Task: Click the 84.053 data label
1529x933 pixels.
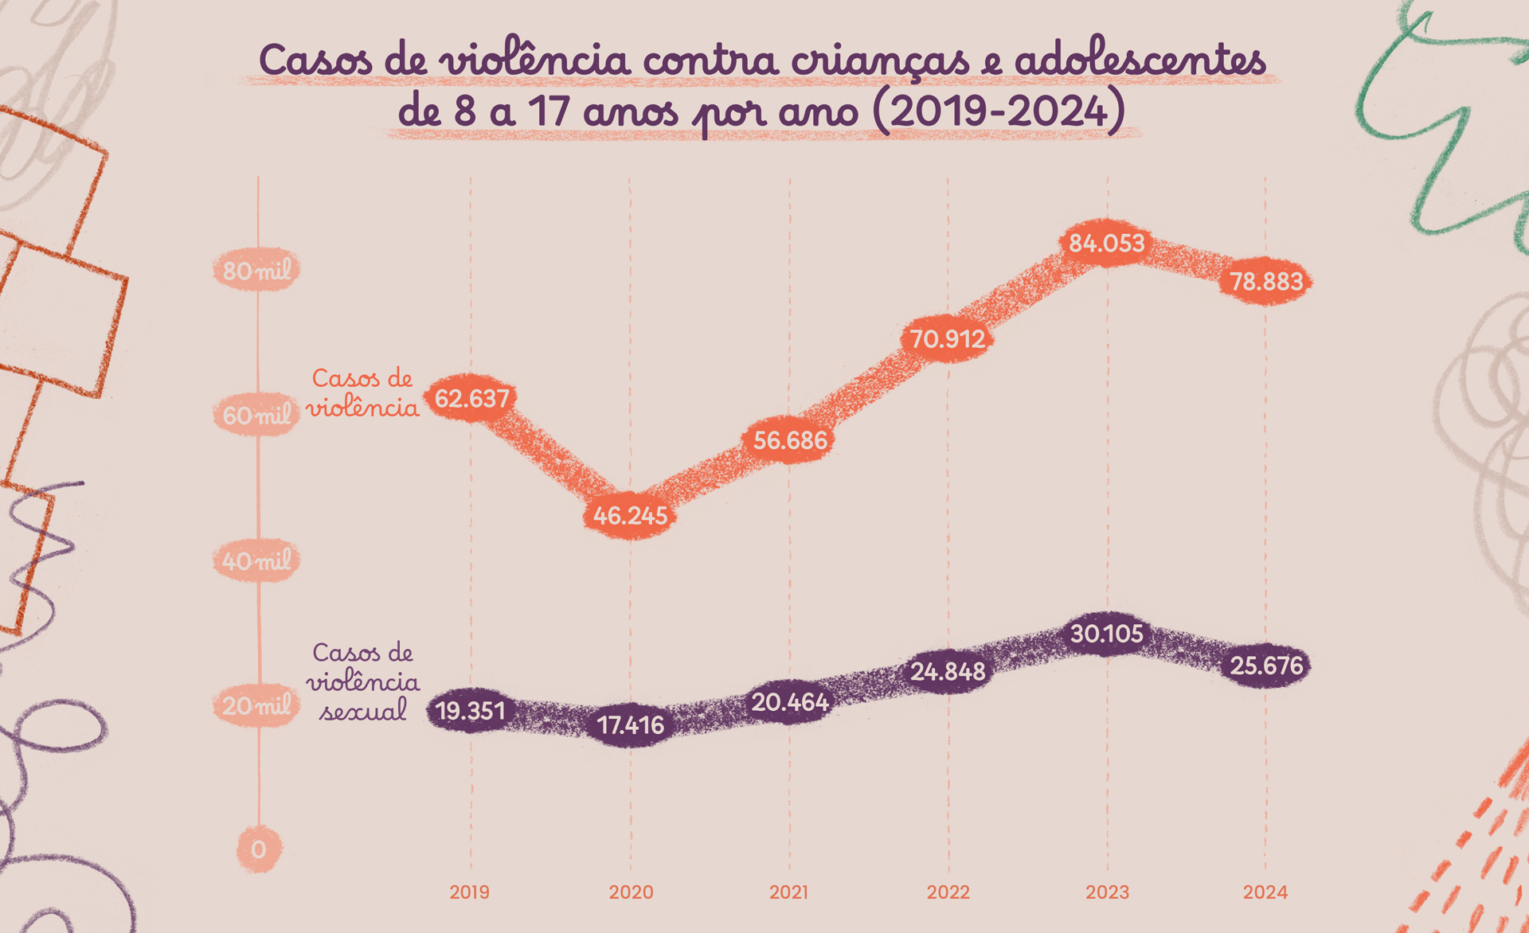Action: point(1106,243)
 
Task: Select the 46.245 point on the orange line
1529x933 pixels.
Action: point(630,516)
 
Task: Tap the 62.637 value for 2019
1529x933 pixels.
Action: point(471,397)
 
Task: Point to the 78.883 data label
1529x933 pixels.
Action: point(1266,281)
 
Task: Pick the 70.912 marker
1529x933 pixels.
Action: point(948,339)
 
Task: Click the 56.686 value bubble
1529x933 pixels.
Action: point(790,439)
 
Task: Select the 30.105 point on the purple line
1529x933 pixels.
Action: point(1107,634)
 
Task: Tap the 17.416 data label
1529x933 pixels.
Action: point(631,725)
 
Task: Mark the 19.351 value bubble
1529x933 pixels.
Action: point(471,710)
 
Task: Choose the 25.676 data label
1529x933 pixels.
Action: point(1266,666)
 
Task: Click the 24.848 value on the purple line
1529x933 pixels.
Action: point(948,672)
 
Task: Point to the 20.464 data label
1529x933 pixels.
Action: point(790,702)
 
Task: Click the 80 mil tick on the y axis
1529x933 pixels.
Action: point(256,271)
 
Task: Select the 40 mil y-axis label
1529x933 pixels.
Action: point(256,561)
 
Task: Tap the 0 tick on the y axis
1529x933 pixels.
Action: point(258,849)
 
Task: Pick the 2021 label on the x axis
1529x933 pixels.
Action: point(788,892)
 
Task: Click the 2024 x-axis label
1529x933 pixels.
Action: point(1265,892)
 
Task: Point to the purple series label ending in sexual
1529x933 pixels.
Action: point(363,681)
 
